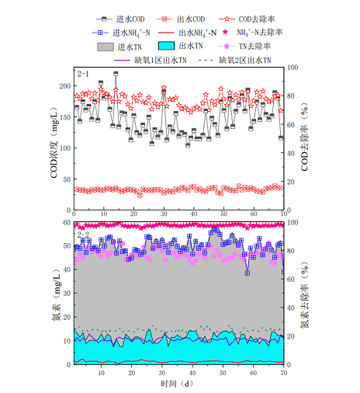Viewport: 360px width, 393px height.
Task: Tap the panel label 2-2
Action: point(83,233)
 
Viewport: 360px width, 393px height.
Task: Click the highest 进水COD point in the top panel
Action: point(116,74)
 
